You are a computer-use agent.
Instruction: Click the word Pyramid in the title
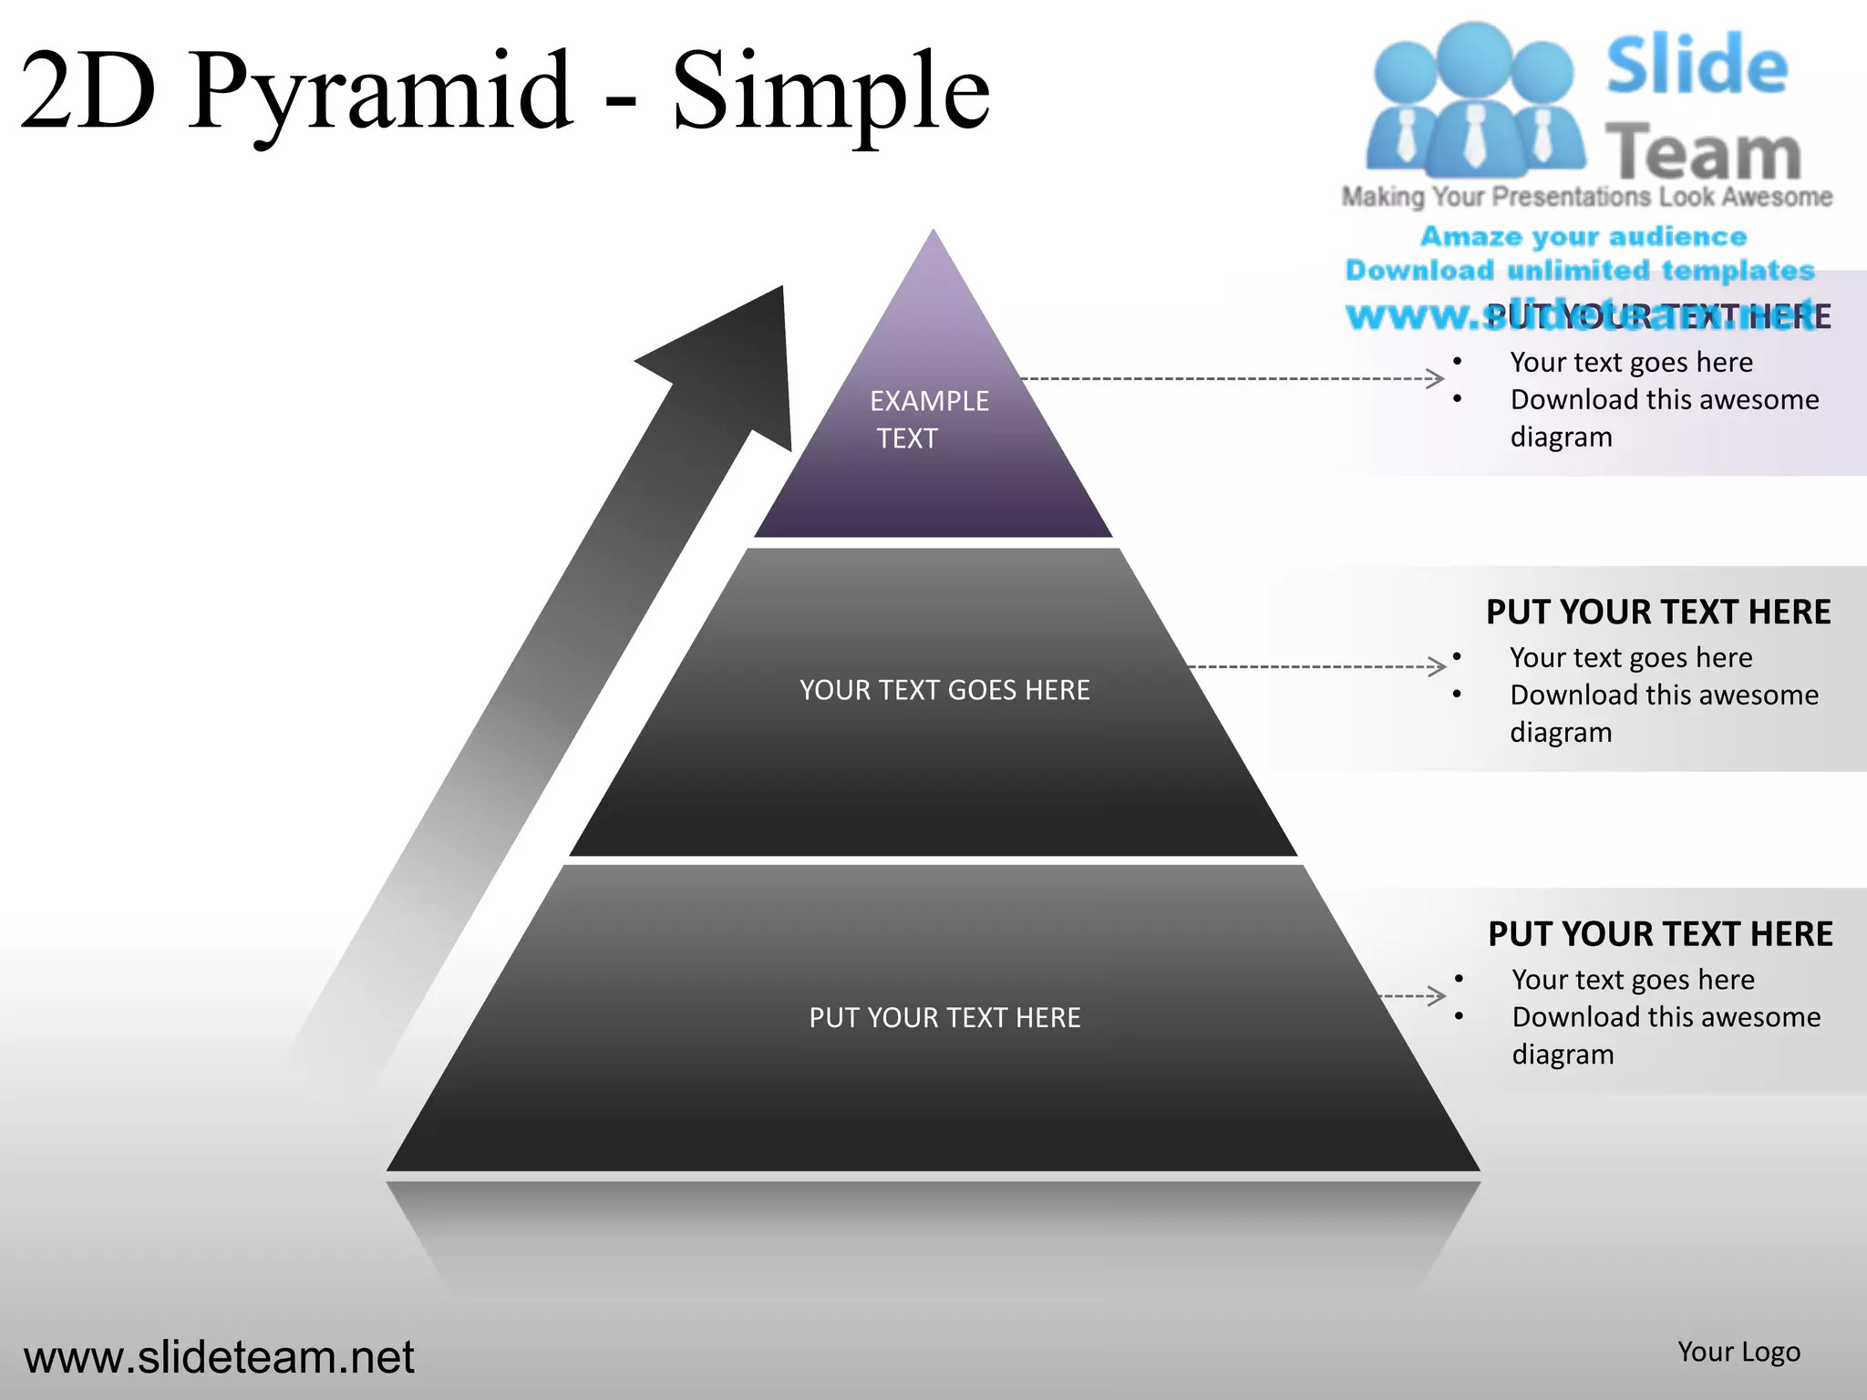383,91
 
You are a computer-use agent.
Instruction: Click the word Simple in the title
830,91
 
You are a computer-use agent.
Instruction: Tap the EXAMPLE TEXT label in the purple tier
928,419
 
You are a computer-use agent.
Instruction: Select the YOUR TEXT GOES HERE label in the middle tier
944,690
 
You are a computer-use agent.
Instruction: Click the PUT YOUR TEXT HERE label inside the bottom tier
944,1017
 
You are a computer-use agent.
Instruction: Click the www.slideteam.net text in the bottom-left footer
219,1357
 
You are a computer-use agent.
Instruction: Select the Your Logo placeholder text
1738,1352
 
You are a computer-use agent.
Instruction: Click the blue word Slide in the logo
1697,66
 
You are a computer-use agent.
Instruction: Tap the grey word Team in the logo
1703,151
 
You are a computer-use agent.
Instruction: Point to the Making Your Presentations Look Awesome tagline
1587,197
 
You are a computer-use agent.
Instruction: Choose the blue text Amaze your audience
1583,236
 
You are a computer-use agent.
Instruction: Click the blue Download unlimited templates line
1580,270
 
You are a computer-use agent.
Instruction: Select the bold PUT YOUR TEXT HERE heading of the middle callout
1658,612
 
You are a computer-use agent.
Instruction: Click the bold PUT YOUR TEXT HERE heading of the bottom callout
1660,934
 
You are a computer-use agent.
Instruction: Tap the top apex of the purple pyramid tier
933,235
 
